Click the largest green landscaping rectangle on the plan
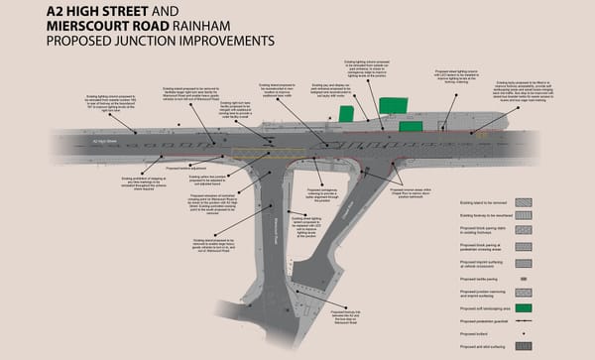392,106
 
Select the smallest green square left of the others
346,114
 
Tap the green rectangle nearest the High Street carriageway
410,126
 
